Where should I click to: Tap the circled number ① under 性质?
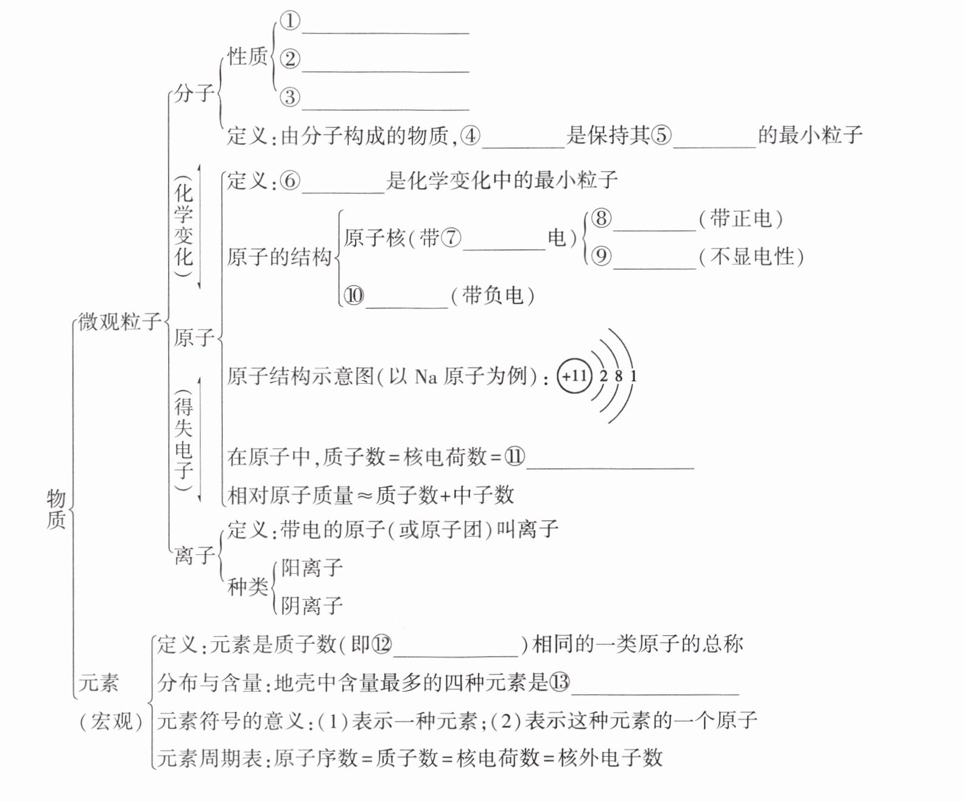[x=290, y=21]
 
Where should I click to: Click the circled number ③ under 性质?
[x=290, y=97]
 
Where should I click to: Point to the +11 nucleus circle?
[x=574, y=376]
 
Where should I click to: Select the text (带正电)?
[x=741, y=219]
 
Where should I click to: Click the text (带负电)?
[x=493, y=296]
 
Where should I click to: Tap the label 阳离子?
[x=312, y=568]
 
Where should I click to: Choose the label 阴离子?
[x=312, y=605]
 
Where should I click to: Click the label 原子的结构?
[x=279, y=257]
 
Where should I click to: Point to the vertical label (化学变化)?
[x=183, y=225]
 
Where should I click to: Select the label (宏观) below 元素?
[x=111, y=722]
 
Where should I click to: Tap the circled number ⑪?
[x=515, y=457]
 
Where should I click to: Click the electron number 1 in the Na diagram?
[x=633, y=376]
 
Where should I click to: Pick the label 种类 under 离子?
[x=247, y=586]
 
